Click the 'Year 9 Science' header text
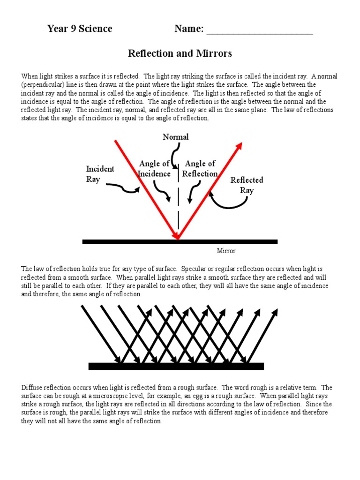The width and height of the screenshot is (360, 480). [80, 29]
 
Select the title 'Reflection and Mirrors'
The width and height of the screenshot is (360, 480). [180, 53]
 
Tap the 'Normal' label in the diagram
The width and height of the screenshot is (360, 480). [176, 137]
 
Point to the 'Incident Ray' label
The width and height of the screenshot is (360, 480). [100, 174]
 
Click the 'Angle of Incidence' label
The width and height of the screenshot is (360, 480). [154, 169]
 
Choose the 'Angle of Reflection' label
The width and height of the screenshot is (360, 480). [200, 169]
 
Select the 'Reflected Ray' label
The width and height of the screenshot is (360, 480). [247, 185]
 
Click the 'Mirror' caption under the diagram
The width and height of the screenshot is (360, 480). [226, 251]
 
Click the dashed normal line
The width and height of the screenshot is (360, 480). [178, 202]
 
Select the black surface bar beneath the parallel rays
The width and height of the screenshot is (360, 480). [176, 366]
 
